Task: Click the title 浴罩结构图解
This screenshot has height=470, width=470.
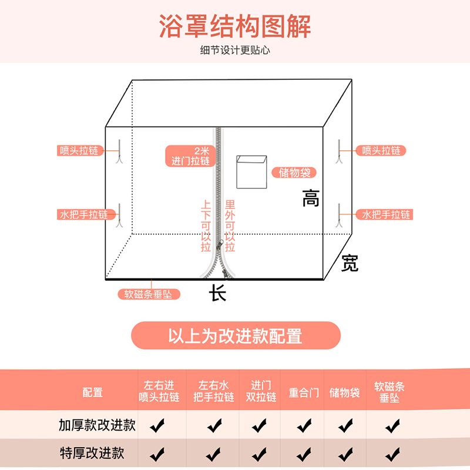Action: point(235,26)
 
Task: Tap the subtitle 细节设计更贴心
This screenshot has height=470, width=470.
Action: point(235,51)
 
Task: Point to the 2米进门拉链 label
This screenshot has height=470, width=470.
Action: point(189,156)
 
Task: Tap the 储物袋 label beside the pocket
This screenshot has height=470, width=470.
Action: point(294,173)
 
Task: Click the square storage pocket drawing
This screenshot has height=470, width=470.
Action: point(251,172)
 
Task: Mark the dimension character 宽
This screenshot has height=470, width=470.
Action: point(350,264)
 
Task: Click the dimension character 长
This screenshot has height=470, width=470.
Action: point(218,293)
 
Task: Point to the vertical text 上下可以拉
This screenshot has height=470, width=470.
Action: point(206,226)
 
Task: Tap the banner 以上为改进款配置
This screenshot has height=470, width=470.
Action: point(235,336)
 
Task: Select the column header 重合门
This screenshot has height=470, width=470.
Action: point(304,392)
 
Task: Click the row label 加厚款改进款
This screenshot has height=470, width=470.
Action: point(98,425)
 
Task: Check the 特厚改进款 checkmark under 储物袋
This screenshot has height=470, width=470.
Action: point(344,454)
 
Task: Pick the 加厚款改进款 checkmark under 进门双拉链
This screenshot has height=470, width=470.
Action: point(261,425)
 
